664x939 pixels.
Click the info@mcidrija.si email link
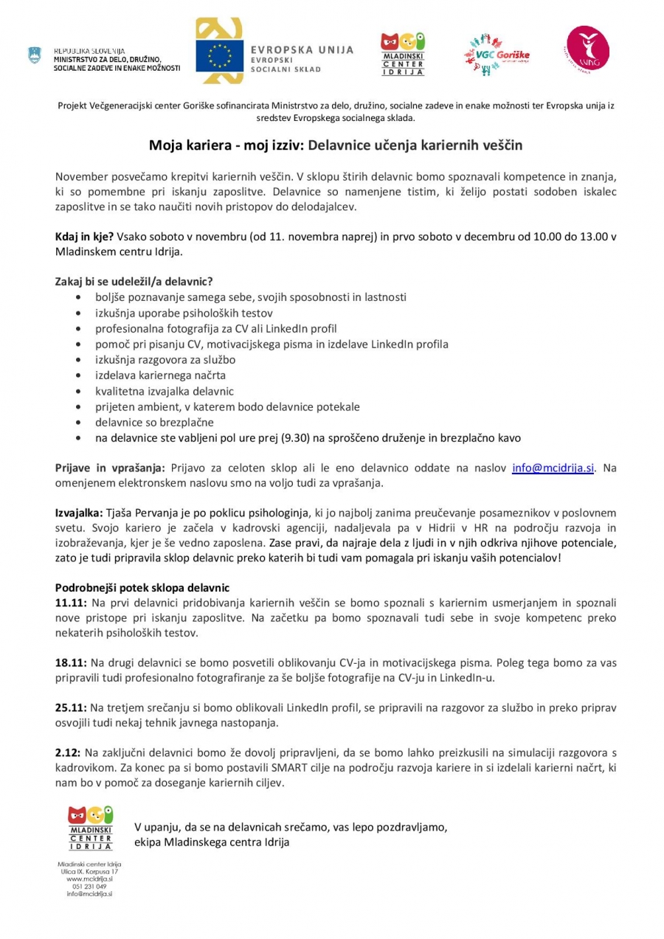[x=553, y=468]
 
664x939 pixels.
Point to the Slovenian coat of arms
[x=35, y=55]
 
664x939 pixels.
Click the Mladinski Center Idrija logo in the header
[x=402, y=54]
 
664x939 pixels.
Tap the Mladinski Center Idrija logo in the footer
[x=90, y=828]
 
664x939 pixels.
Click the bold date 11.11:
[x=71, y=603]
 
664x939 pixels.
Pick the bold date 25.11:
[x=71, y=707]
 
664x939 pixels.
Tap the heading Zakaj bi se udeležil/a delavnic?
[x=134, y=281]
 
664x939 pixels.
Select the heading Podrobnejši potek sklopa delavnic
[x=142, y=588]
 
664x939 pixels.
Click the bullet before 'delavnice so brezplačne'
[x=79, y=423]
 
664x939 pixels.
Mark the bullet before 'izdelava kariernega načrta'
[x=79, y=375]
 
